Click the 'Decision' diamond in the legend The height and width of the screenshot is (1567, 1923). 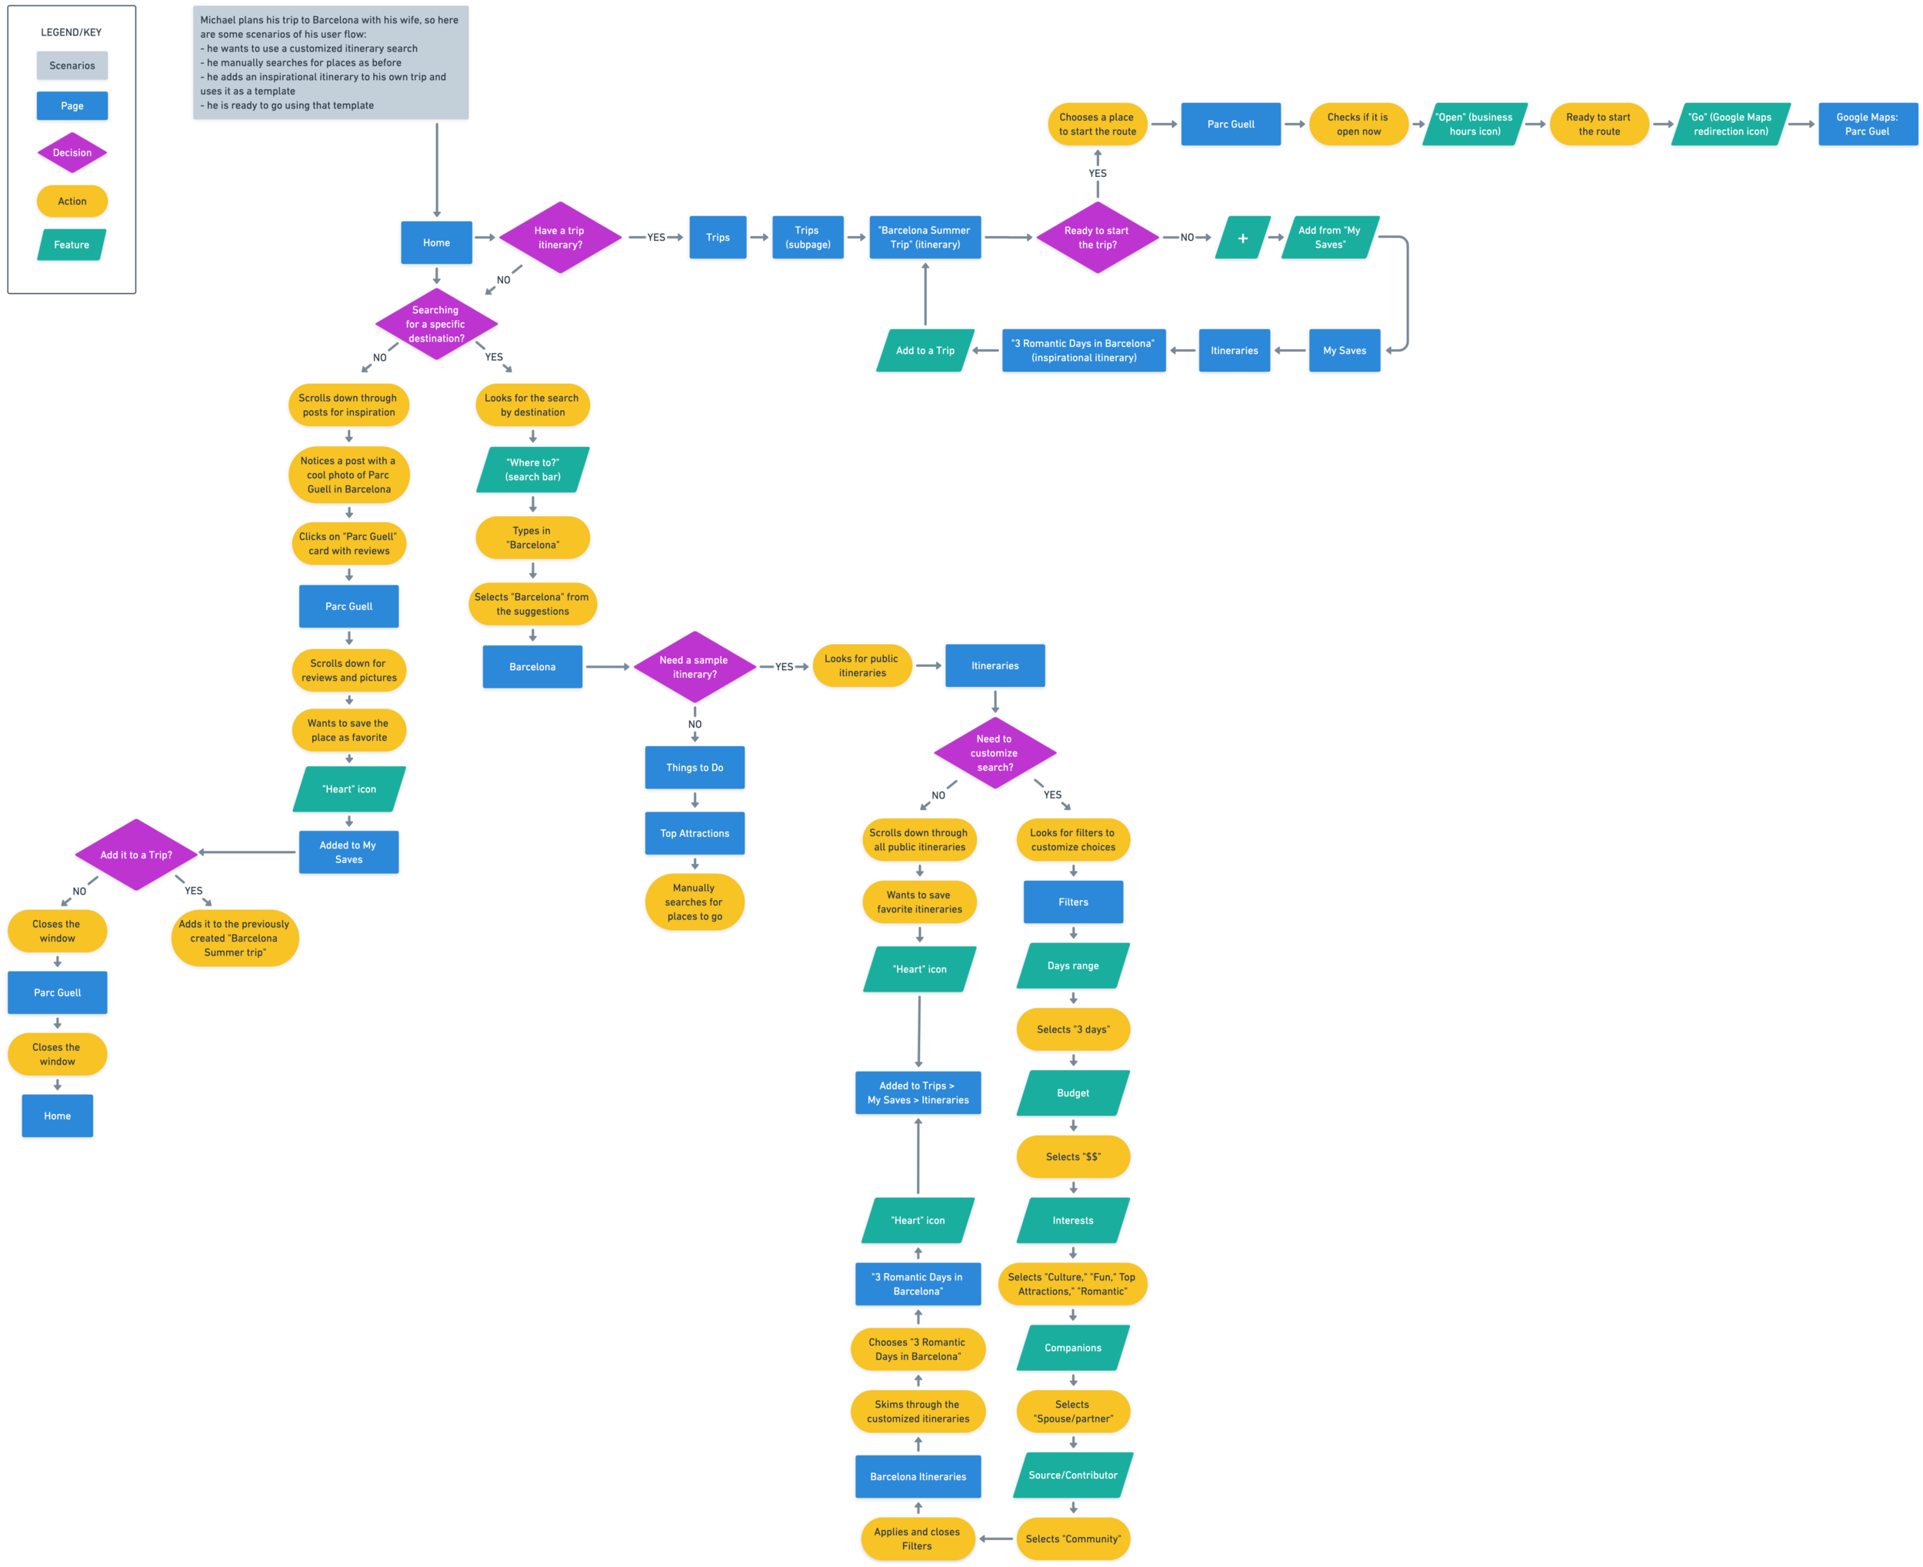coord(72,152)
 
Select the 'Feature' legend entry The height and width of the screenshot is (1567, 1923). coord(72,245)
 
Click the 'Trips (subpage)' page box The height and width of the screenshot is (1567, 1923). coord(808,238)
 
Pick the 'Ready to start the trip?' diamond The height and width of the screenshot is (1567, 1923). coord(1096,238)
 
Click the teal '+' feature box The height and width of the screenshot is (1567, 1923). coord(1242,238)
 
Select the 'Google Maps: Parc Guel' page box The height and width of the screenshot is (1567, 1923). coord(1866,125)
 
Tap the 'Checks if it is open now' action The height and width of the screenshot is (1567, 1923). coord(1358,125)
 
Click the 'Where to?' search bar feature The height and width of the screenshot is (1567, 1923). coord(532,469)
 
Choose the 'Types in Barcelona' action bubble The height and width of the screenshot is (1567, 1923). coord(532,538)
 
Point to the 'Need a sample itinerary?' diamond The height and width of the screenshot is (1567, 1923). coord(694,667)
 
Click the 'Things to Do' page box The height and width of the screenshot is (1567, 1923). coord(694,767)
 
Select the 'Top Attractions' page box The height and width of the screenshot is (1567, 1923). coord(694,833)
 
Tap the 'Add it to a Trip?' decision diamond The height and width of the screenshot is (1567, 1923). coord(136,855)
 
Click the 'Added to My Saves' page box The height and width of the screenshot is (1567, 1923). coord(348,852)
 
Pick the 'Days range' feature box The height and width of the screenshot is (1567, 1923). coord(1073,966)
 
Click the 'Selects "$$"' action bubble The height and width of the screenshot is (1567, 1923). coord(1073,1156)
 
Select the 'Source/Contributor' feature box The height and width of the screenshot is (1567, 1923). coord(1073,1475)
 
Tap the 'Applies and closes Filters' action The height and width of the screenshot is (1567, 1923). coord(917,1539)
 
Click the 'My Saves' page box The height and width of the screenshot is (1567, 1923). coord(1345,350)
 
